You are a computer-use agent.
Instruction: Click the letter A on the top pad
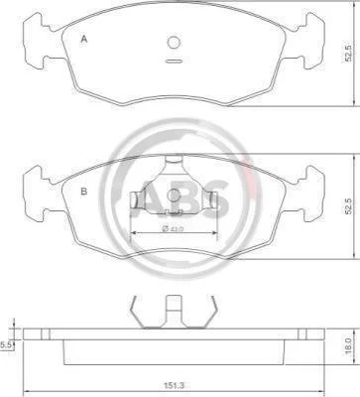tap(84, 40)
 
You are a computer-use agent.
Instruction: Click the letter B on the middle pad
tap(84, 192)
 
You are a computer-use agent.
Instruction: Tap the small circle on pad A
tap(174, 43)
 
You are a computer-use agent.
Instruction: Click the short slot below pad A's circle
tap(174, 61)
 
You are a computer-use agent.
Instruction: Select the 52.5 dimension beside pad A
tap(347, 54)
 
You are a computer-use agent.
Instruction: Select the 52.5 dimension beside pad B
tap(347, 206)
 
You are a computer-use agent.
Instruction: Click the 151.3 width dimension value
tap(174, 385)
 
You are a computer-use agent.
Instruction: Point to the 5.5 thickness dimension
tap(6, 345)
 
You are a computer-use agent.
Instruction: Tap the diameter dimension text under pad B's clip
tap(173, 228)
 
